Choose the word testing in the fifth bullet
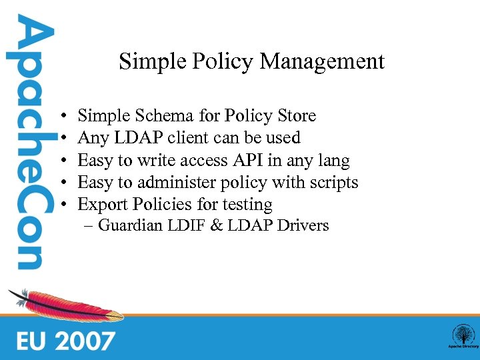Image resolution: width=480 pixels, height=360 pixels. (248, 205)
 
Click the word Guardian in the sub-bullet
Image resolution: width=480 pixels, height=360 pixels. (130, 225)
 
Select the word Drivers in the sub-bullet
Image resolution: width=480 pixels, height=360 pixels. (303, 225)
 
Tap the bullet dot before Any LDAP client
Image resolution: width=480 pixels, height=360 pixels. (61, 139)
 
